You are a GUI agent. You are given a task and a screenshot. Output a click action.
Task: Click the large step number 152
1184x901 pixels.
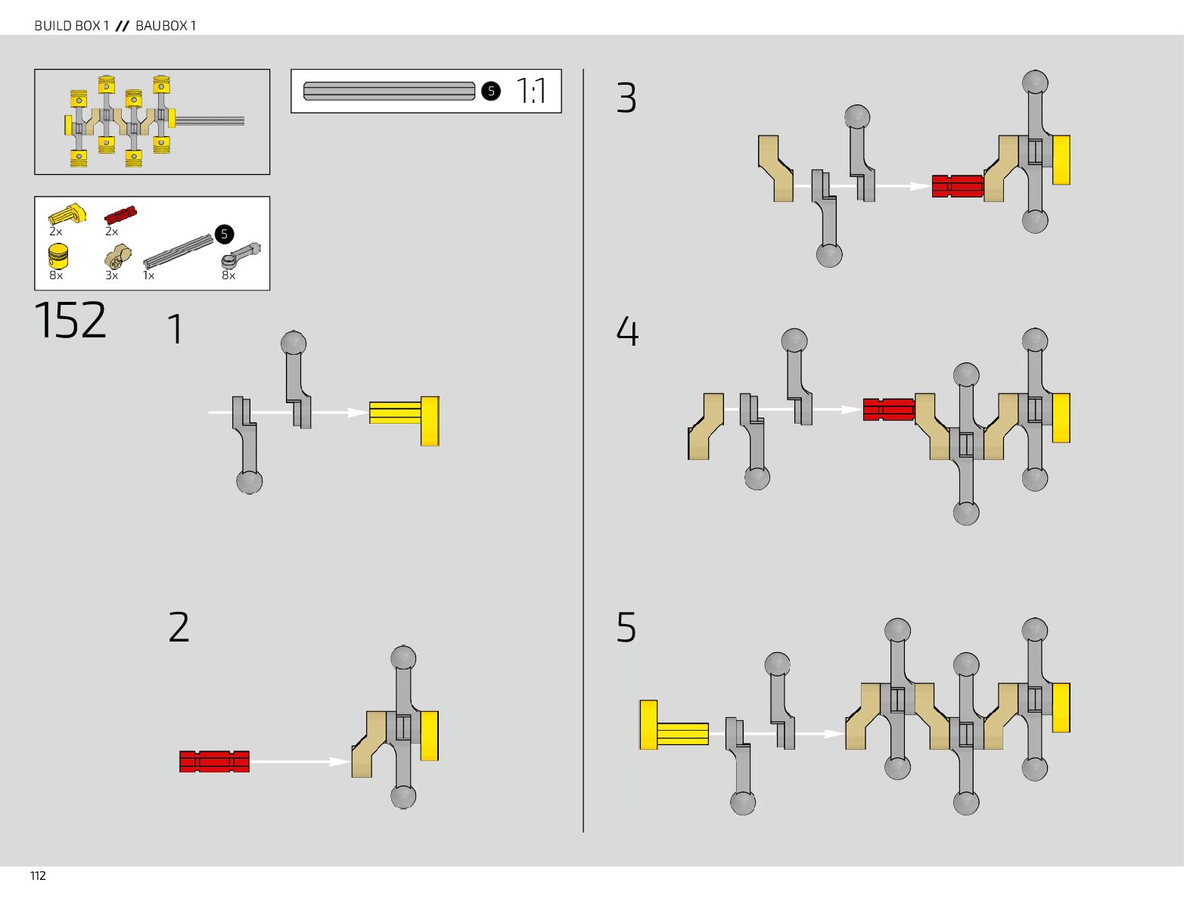tap(70, 321)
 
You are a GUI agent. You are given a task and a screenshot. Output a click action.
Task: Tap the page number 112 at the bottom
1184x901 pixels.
tap(38, 876)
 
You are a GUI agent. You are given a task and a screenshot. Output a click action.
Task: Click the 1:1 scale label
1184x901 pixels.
tap(531, 92)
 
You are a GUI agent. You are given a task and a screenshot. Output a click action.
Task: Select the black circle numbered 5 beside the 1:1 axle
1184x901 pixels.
tap(491, 92)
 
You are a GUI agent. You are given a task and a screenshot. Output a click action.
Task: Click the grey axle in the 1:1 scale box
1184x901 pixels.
tap(389, 92)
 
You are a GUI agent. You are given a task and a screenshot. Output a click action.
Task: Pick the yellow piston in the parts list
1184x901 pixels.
tap(58, 256)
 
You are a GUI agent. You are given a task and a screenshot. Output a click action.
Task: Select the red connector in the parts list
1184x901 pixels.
tap(120, 216)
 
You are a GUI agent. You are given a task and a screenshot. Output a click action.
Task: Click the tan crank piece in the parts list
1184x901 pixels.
tap(117, 259)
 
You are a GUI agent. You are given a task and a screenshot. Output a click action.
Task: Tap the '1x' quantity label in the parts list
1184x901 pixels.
tap(149, 275)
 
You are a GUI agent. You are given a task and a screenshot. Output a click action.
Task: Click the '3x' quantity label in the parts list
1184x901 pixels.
tap(111, 275)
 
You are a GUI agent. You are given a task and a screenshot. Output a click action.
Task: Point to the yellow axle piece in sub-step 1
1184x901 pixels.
tap(404, 420)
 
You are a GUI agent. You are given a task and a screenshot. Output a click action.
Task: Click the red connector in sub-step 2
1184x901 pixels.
tap(214, 761)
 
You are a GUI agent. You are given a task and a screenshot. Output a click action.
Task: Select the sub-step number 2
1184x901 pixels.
tap(179, 628)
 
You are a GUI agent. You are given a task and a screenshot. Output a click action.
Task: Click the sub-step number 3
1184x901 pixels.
tap(626, 98)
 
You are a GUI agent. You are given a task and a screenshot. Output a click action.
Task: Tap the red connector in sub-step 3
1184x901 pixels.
tap(957, 186)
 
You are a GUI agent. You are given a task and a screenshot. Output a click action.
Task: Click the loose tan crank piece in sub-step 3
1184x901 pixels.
tap(775, 169)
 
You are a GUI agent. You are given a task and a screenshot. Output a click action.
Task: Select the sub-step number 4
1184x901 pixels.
tap(627, 331)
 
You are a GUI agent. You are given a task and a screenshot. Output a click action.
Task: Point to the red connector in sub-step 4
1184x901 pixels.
tap(888, 409)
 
